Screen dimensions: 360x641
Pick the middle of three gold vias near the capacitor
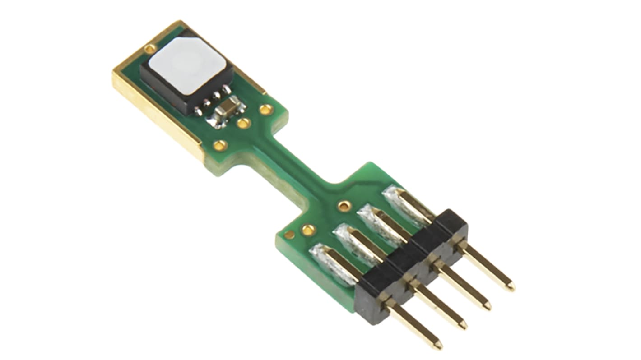(244, 123)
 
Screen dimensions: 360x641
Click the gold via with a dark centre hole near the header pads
(344, 206)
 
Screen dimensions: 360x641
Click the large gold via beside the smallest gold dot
(308, 230)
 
